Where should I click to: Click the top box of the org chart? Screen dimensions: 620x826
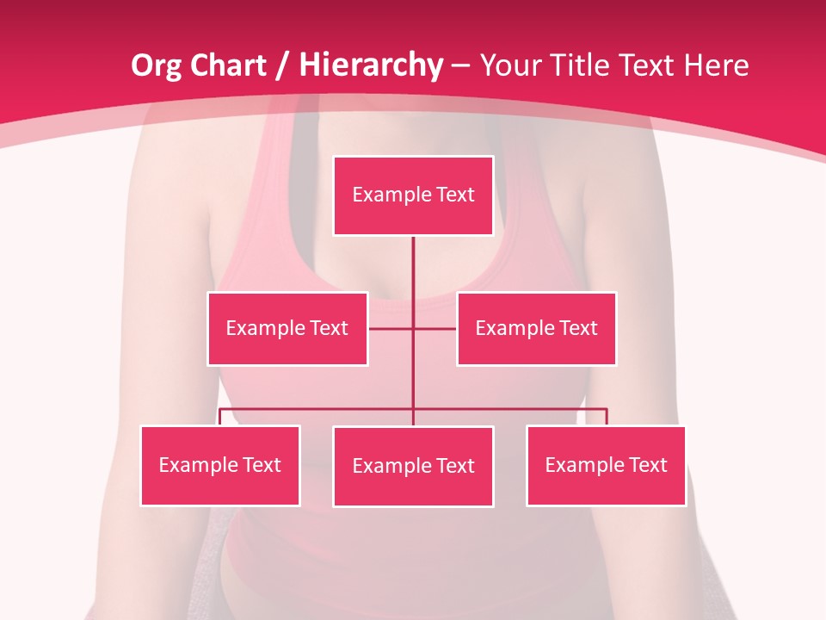coord(413,195)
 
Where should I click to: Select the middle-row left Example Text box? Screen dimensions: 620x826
coord(287,328)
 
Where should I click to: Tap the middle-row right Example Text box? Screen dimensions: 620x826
coord(536,328)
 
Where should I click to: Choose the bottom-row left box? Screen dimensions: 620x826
coord(220,465)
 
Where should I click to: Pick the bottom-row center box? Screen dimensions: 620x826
coord(413,466)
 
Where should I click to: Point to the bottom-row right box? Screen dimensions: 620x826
coord(606,465)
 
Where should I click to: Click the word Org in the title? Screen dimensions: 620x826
coord(157,65)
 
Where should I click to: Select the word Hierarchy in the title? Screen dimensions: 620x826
coord(371,65)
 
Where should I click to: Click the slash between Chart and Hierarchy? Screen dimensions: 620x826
coord(281,65)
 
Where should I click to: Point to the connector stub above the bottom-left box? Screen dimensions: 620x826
coord(220,417)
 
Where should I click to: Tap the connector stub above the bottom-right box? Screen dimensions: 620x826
coord(607,417)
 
